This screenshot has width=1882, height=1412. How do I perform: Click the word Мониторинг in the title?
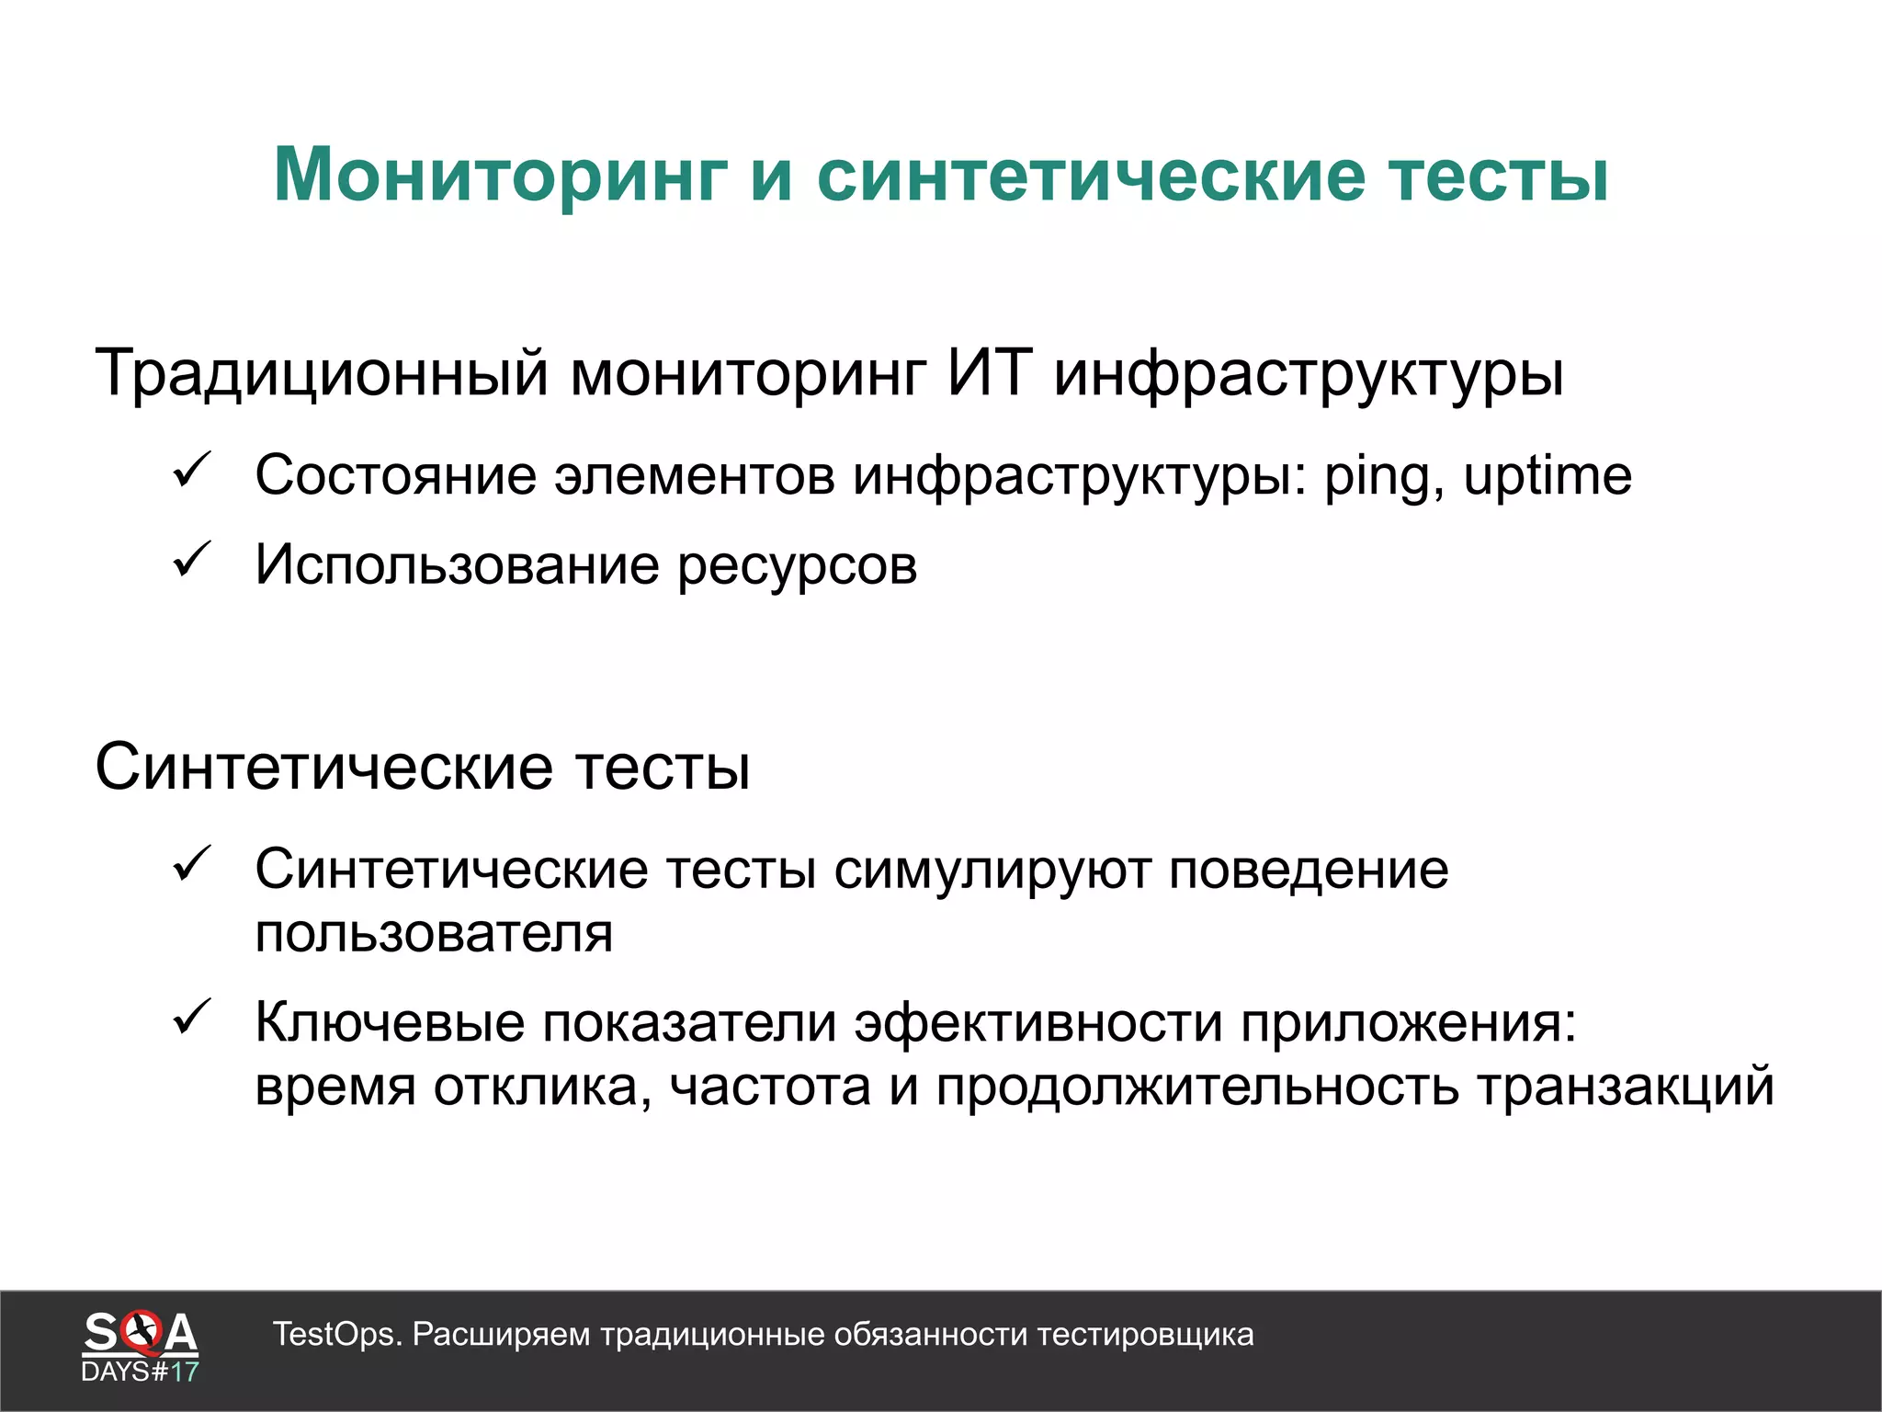[x=501, y=175]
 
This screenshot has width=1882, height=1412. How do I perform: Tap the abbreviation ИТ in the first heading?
[x=990, y=372]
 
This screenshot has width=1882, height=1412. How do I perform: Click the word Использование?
[x=457, y=565]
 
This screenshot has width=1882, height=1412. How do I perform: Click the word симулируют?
[x=992, y=870]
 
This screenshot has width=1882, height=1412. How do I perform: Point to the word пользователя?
[x=434, y=935]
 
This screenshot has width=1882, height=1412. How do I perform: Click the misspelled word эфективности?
[x=1038, y=1023]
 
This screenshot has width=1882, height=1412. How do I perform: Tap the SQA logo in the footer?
[x=140, y=1333]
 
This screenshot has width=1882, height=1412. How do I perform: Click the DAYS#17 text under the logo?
[x=140, y=1372]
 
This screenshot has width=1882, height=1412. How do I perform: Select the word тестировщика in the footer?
[x=1145, y=1335]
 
